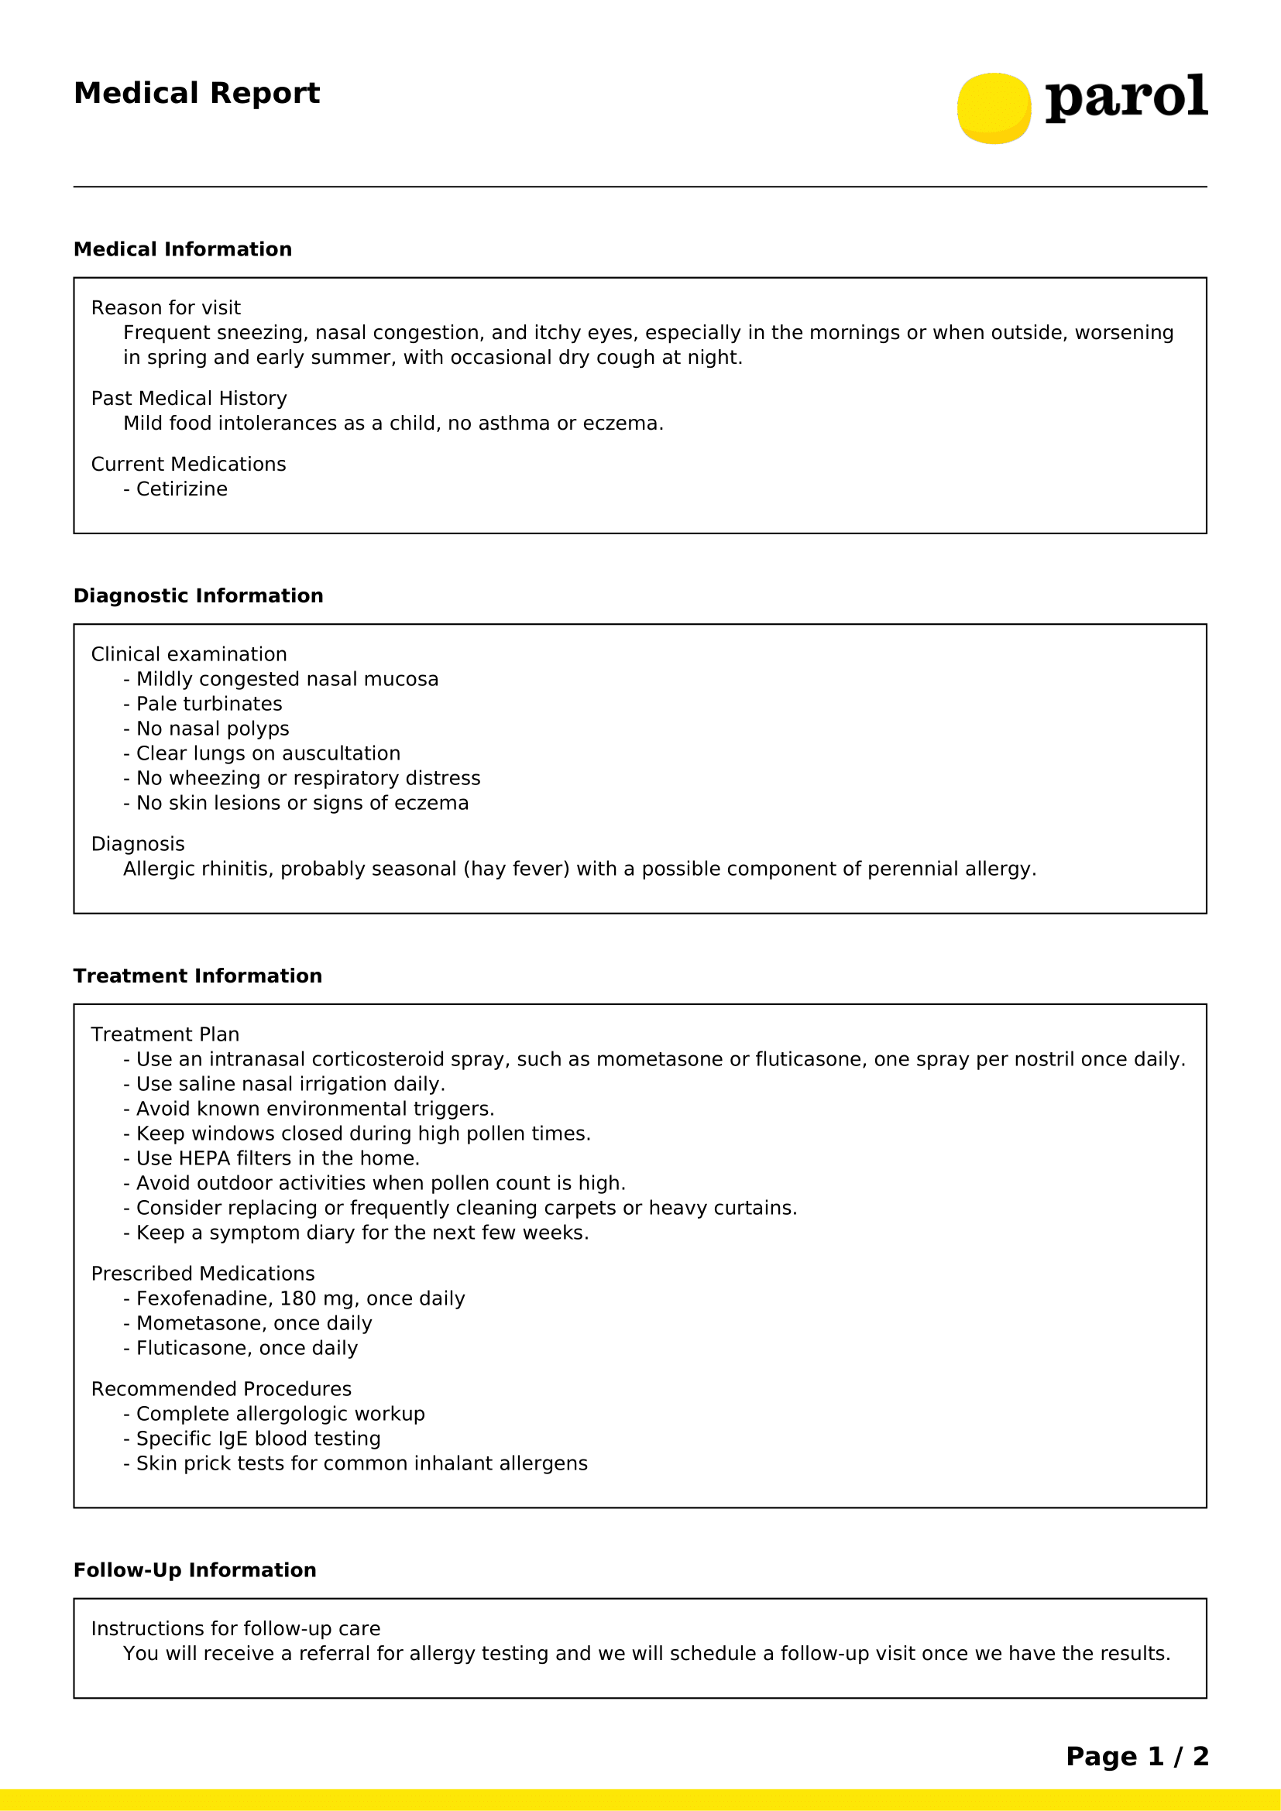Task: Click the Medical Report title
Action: tap(197, 93)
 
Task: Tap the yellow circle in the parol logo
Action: tap(994, 108)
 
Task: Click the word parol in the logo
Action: tap(1125, 98)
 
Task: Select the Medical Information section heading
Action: tap(182, 249)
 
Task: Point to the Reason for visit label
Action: tap(166, 307)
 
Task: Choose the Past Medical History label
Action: tap(188, 398)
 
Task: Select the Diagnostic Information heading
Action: tap(198, 595)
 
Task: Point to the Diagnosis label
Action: tap(137, 844)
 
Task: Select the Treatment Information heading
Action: tap(197, 976)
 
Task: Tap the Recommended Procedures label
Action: tap(221, 1389)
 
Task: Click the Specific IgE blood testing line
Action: tap(258, 1439)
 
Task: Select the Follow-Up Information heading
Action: tap(194, 1569)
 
